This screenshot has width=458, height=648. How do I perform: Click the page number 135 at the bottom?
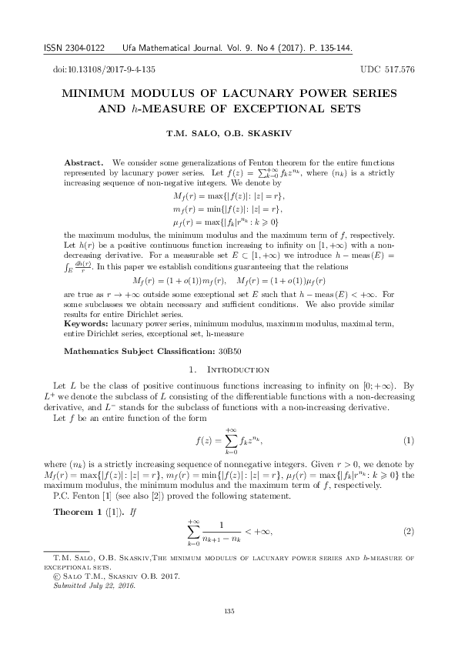pos(229,611)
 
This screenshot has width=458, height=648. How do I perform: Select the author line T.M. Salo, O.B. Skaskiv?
pos(229,135)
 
